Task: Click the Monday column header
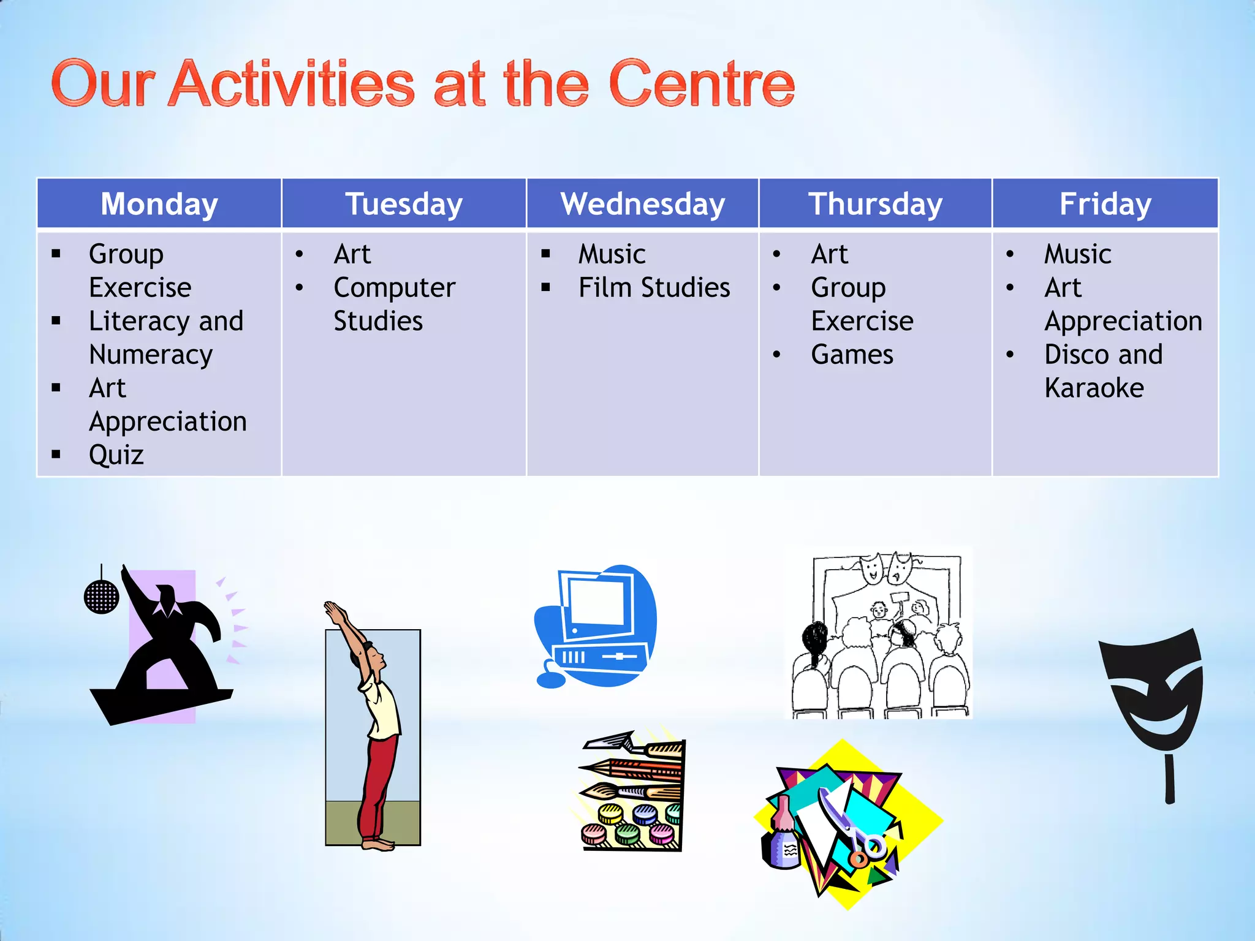pos(159,204)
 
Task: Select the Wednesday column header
pos(642,204)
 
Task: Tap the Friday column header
pos(1105,204)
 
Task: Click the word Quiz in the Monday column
pos(116,455)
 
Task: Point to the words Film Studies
pos(654,287)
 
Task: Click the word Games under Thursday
pos(852,355)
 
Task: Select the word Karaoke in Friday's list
pos(1094,388)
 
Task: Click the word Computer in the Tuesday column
pos(394,288)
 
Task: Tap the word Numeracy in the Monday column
pos(151,355)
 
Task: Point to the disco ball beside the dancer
pos(101,595)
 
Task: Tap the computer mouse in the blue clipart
pos(550,679)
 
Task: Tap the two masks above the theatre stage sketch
pos(885,568)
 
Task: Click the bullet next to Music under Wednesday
pos(545,254)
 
